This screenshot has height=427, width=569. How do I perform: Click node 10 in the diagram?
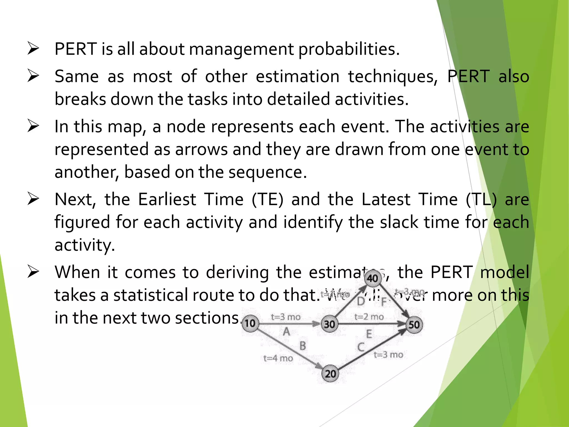tap(250, 323)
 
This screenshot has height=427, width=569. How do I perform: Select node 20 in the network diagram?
tap(330, 374)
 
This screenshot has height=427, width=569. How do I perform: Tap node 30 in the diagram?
tap(330, 324)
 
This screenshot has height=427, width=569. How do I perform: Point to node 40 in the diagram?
tap(373, 278)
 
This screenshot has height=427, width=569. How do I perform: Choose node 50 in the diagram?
tap(414, 325)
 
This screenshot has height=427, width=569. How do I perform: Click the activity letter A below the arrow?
tap(286, 331)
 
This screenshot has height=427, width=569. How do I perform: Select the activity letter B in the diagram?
tap(303, 346)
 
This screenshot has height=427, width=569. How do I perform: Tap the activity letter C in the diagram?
tap(361, 347)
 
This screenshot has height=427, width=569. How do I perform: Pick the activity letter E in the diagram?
tap(369, 334)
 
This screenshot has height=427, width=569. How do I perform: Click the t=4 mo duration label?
tap(278, 358)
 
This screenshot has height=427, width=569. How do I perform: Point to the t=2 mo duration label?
tap(369, 317)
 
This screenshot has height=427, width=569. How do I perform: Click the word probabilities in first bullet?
tap(349, 49)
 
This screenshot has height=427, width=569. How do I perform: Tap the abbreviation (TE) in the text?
tap(268, 200)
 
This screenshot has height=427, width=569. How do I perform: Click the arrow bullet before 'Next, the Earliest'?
tap(33, 199)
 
